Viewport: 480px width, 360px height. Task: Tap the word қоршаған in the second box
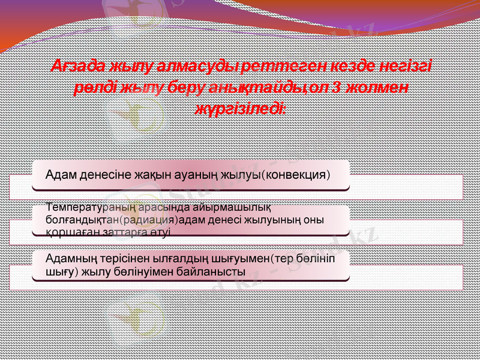pyautogui.click(x=65, y=231)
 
